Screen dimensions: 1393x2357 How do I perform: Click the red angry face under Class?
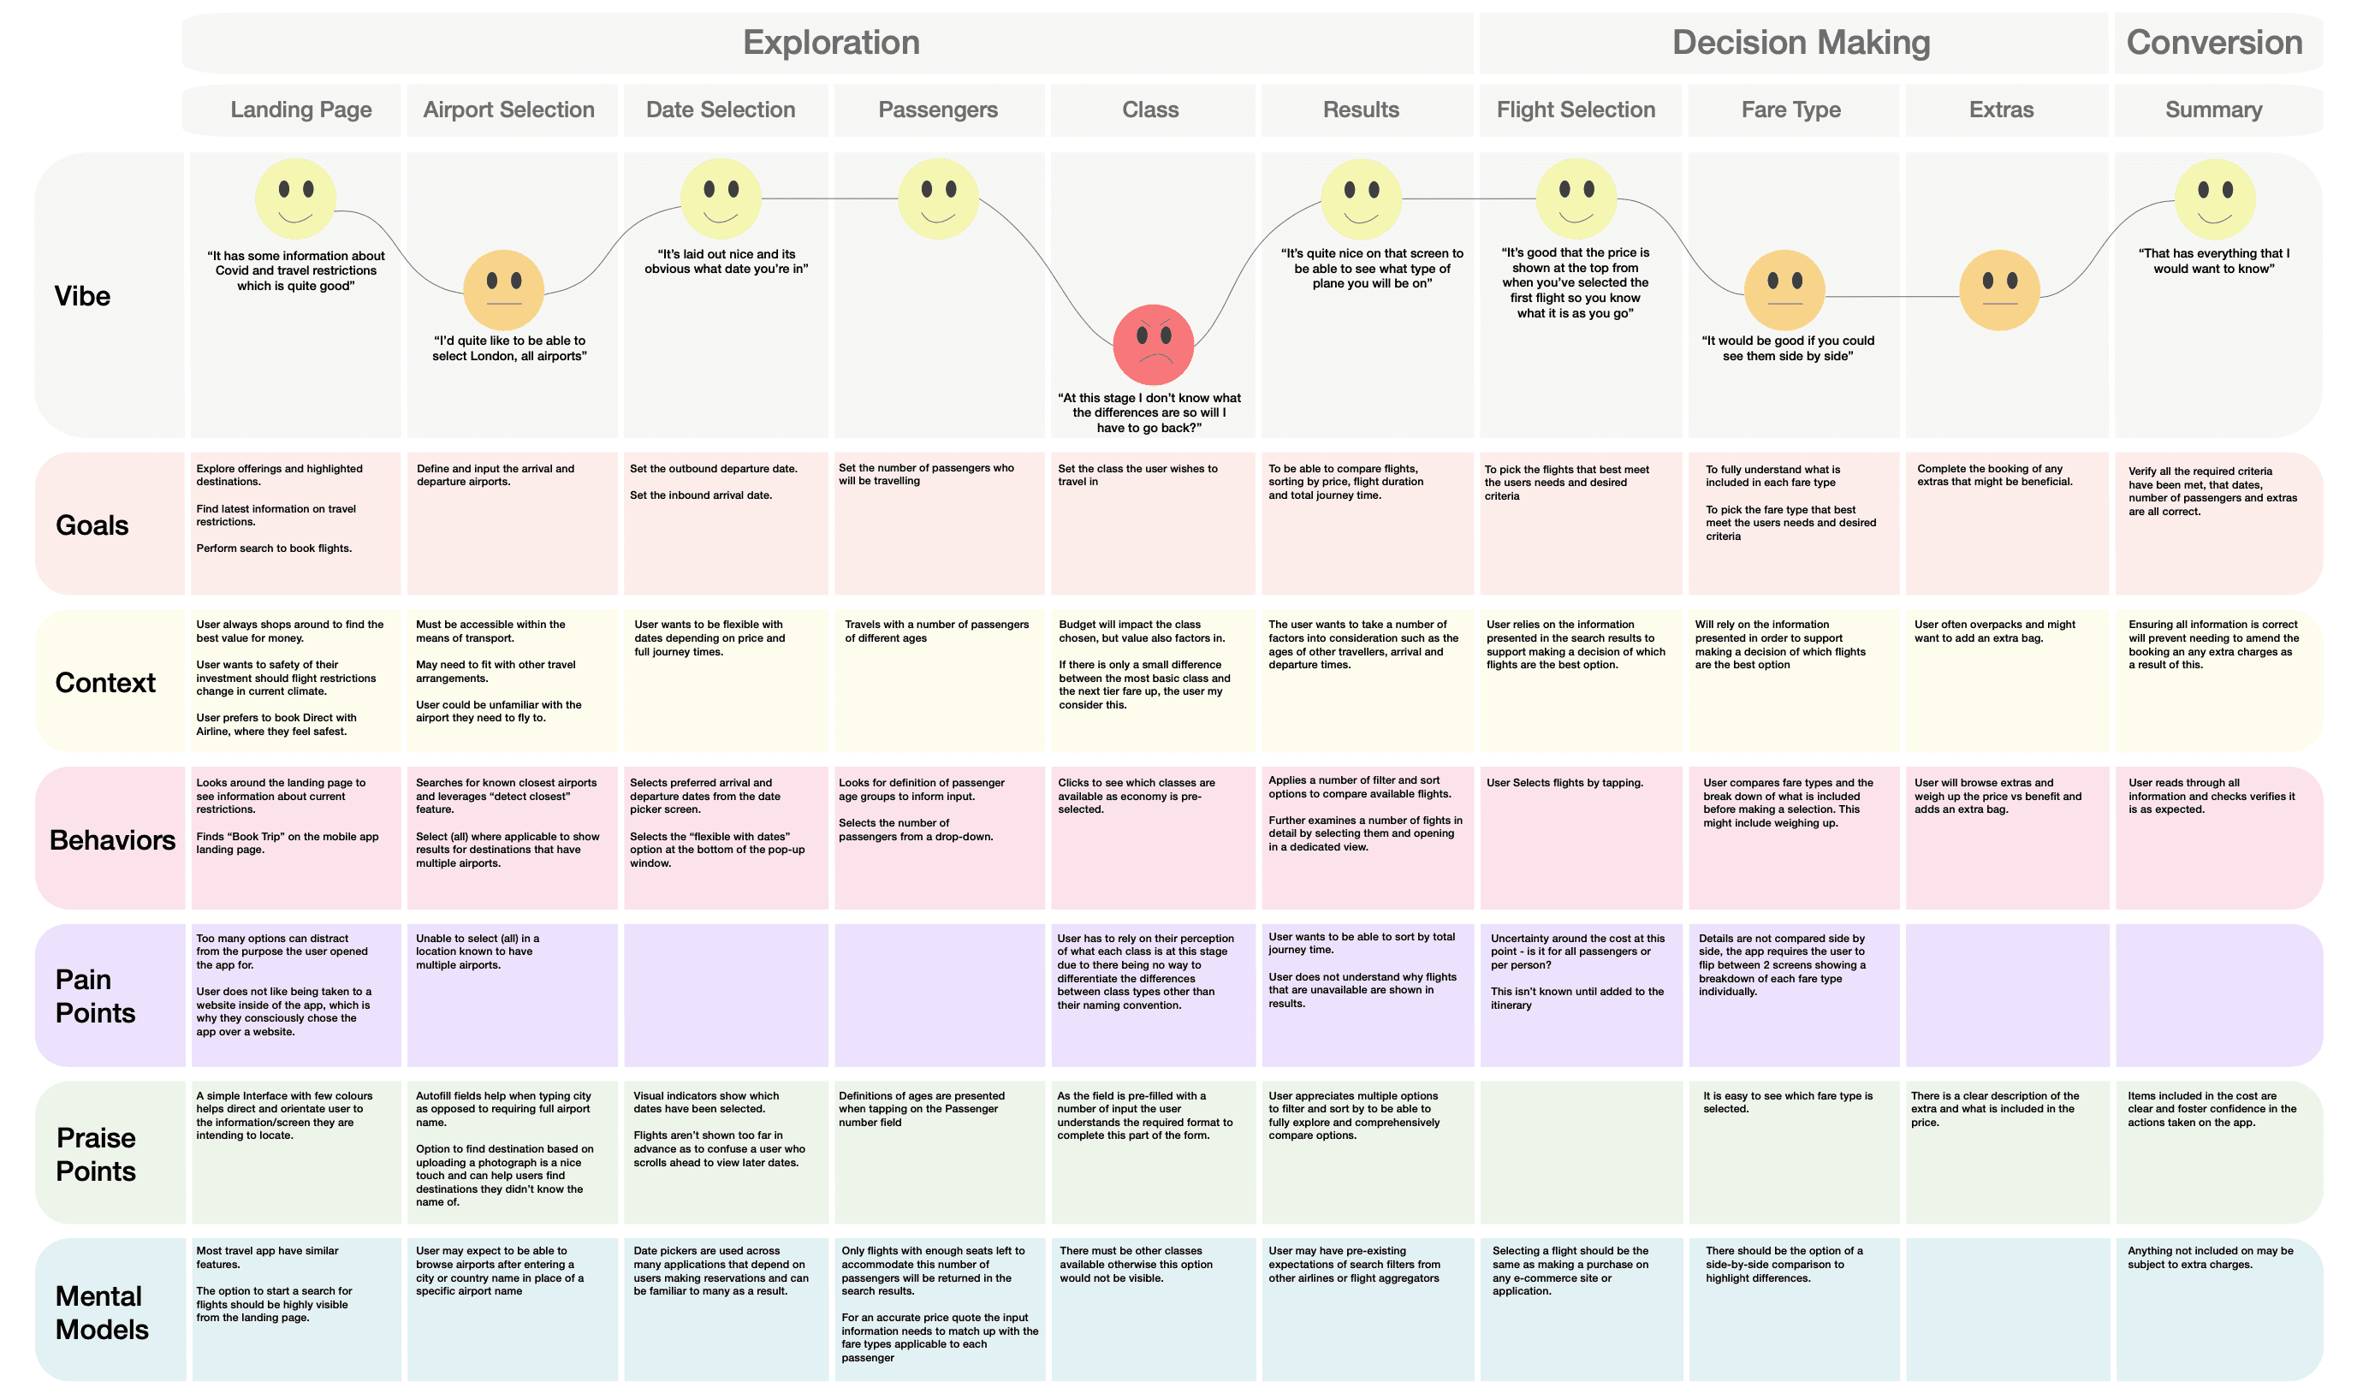point(1153,345)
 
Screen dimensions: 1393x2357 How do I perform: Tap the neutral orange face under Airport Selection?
point(503,290)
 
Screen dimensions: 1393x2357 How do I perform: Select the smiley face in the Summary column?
point(2214,199)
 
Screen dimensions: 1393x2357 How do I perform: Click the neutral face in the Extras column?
point(1999,290)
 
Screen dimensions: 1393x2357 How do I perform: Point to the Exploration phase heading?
point(831,42)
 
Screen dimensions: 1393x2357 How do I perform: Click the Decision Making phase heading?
point(1801,42)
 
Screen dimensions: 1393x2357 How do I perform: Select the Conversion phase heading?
point(2213,42)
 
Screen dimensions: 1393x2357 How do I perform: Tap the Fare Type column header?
point(1790,110)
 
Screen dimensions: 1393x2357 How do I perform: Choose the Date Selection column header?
point(720,110)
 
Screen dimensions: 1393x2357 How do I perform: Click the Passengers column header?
point(938,110)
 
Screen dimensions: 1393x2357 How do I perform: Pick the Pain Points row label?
point(95,996)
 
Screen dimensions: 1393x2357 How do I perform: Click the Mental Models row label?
point(101,1313)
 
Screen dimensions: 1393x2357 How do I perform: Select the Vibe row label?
point(83,297)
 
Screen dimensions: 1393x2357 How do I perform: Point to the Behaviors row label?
point(112,840)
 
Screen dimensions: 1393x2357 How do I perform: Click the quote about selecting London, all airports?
point(508,348)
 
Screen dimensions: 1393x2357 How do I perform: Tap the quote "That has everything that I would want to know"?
point(2213,261)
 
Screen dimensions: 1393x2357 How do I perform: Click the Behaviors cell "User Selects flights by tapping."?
point(1564,783)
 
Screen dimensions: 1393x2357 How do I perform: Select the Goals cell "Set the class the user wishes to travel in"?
point(1137,475)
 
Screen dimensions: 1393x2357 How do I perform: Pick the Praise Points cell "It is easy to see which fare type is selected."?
point(1786,1102)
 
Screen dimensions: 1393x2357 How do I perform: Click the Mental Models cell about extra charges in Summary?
point(2210,1258)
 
